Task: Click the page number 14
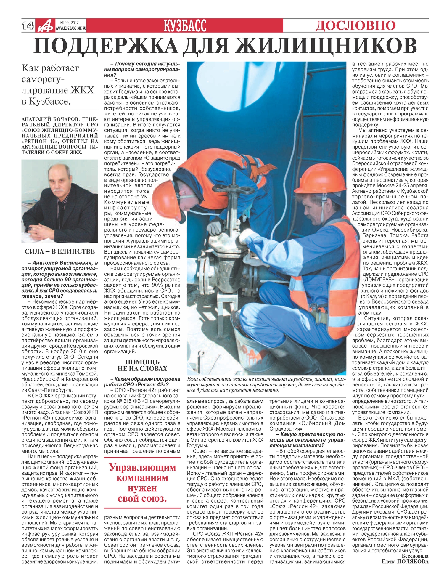pos(28,26)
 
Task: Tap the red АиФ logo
pos(45,26)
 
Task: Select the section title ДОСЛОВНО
pos(355,25)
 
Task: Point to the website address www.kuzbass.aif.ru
pos(71,28)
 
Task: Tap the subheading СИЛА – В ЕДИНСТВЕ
pos(60,251)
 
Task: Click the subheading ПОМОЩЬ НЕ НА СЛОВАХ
pos(142,365)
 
